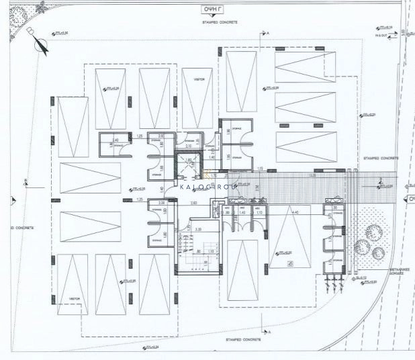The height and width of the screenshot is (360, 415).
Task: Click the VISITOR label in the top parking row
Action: [199, 79]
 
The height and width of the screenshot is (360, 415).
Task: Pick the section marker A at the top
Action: [266, 33]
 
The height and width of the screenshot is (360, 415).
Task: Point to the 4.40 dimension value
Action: [295, 212]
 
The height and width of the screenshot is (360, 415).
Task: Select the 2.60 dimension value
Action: [193, 202]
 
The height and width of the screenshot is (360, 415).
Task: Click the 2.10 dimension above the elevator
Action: [189, 146]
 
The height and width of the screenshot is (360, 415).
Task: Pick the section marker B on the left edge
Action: [25, 179]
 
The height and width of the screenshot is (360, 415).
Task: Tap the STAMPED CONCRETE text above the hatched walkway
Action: [381, 159]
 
